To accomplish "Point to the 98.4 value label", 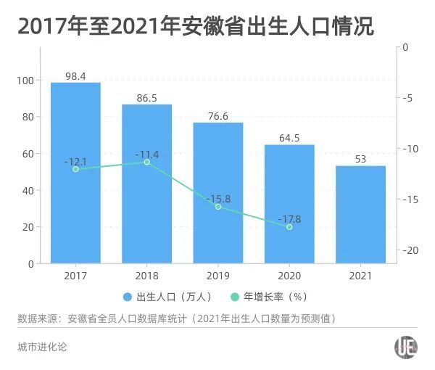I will (75, 75).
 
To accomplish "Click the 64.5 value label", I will (289, 138).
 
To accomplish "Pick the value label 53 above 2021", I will (360, 159).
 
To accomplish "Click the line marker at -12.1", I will (75, 168).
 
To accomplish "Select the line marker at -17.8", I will (289, 227).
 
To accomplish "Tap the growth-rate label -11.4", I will (146, 154).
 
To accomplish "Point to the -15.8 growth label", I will (217, 198).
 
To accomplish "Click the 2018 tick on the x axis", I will (146, 276).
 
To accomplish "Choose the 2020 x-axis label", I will (289, 276).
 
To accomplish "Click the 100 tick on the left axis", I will (26, 80).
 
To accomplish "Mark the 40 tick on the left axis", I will (28, 190).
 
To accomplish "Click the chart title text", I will (196, 27).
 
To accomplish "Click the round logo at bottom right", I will (405, 348).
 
